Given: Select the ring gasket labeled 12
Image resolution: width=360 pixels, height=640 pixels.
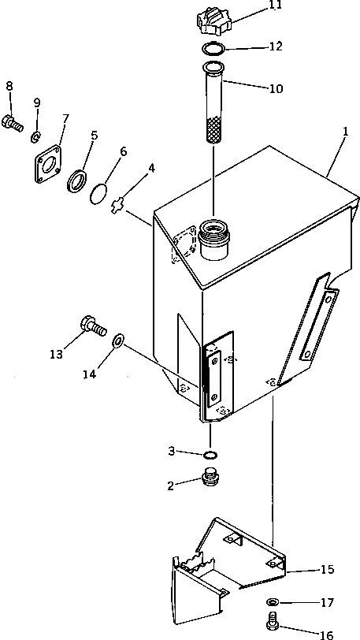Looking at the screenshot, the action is point(213,50).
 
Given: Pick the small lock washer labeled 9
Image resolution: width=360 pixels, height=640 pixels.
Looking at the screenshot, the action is point(35,137).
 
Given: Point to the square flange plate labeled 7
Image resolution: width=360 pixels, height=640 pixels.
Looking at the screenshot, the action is point(48,164).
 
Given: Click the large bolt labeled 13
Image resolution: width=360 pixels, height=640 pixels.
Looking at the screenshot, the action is point(94,326).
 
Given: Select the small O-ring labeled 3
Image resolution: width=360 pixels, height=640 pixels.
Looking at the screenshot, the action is point(210,455).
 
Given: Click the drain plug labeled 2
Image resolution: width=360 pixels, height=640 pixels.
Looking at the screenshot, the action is point(212,478).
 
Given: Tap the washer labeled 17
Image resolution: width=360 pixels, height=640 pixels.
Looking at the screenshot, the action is point(272,601).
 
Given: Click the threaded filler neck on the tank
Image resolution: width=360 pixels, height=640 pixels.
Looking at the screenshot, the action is point(214,239).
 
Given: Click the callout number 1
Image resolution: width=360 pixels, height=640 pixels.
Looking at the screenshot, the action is point(345,132).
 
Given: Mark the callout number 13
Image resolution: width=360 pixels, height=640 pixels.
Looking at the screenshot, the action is point(57,355).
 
